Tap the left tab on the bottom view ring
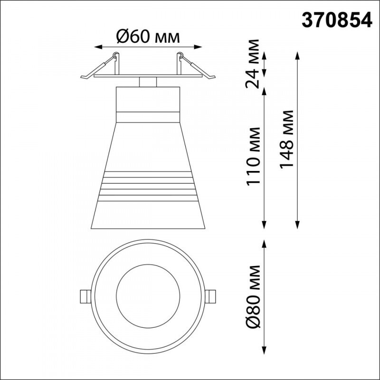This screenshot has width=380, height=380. pos(85,295)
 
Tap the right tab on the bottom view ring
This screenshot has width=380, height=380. pos(211,295)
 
